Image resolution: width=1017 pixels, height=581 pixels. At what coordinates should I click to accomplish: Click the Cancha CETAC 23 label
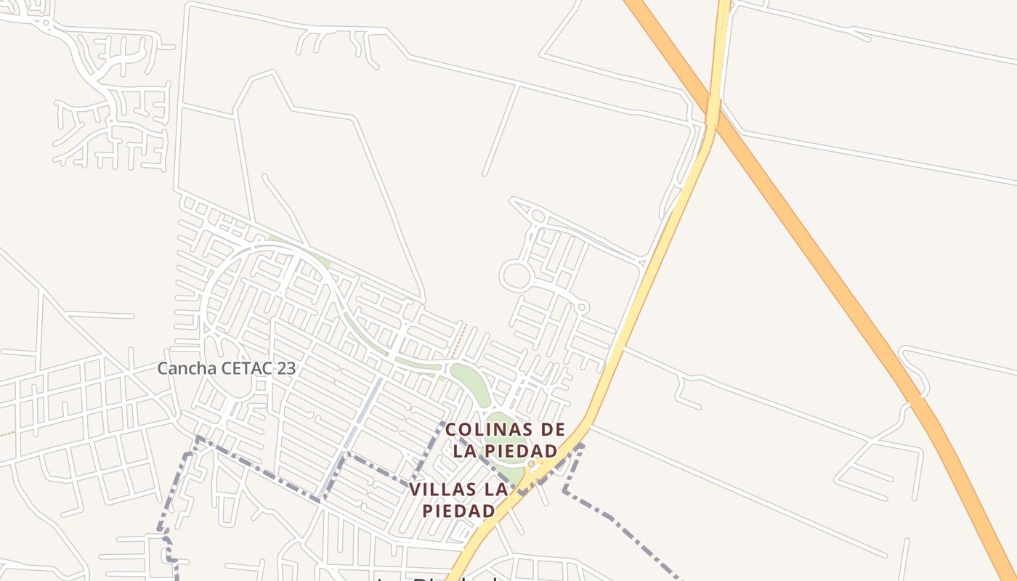coord(227,368)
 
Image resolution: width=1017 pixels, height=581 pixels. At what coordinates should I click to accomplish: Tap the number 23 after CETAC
coord(285,368)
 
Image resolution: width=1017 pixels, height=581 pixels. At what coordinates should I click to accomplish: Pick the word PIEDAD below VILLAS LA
coord(458,511)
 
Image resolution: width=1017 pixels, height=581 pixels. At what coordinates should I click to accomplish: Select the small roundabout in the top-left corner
coord(46,23)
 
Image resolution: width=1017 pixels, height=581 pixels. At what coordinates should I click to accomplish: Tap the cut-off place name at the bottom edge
coord(436,577)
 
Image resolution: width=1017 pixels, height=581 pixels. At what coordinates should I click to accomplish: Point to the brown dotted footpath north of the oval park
coord(459,341)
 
